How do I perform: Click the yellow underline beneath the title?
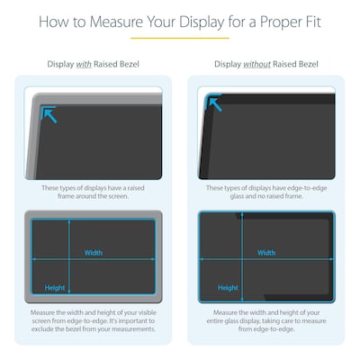[180, 38]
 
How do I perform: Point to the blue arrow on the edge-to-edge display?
[217, 104]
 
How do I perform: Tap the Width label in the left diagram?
[94, 253]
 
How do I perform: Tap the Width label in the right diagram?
[267, 253]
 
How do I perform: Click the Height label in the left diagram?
[55, 288]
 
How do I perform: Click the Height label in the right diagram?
[229, 288]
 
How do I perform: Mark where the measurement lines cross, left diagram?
[69, 259]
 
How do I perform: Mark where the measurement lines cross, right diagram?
[243, 259]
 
